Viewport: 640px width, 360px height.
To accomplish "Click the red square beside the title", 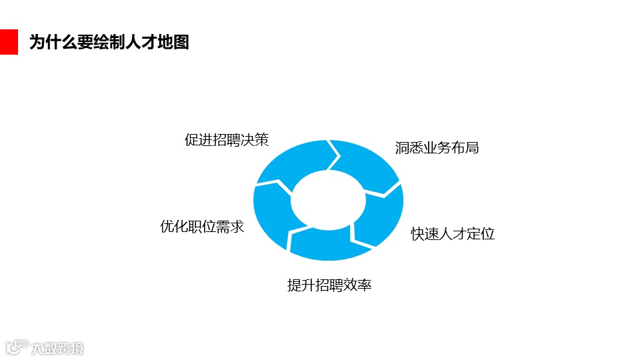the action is pyautogui.click(x=9, y=42).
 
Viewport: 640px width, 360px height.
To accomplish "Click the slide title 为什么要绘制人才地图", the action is pyautogui.click(x=109, y=42).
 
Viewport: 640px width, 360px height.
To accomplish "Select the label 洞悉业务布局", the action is pyautogui.click(x=437, y=148).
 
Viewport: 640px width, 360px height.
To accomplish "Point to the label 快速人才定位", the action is pyautogui.click(x=453, y=234).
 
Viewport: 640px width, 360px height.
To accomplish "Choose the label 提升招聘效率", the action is pyautogui.click(x=329, y=285).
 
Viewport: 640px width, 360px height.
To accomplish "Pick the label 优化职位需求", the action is pyautogui.click(x=202, y=227).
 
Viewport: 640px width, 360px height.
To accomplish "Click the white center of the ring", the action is pyautogui.click(x=328, y=200).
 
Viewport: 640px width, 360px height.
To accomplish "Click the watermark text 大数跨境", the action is pyautogui.click(x=59, y=348).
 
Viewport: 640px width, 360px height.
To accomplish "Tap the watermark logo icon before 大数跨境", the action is pyautogui.click(x=17, y=347).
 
